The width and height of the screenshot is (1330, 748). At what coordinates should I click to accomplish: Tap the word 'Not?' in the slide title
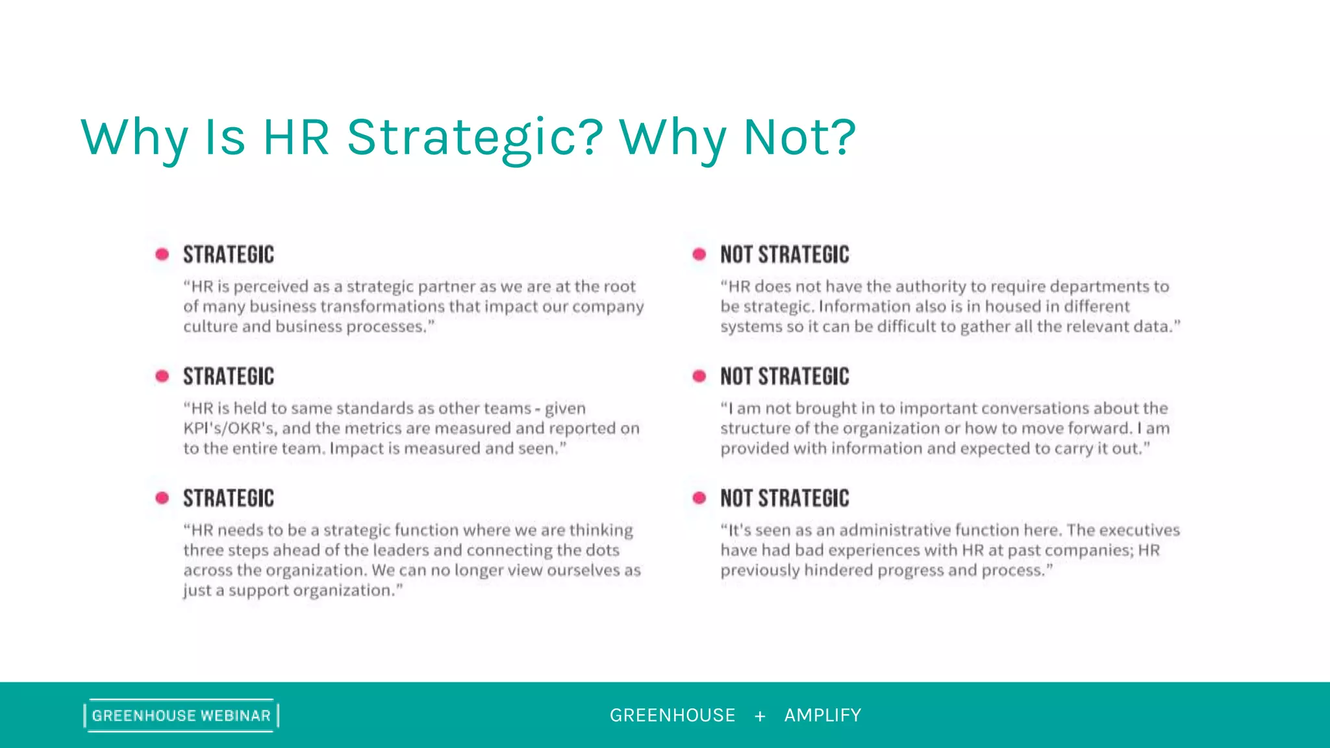(x=800, y=138)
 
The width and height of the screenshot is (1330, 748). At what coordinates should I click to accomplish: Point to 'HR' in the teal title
(x=295, y=138)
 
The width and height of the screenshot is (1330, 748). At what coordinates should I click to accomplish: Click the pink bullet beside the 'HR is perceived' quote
(x=162, y=254)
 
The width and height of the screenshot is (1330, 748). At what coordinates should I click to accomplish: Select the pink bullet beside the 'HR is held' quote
(x=162, y=376)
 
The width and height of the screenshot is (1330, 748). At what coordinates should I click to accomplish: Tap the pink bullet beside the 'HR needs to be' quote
(x=162, y=498)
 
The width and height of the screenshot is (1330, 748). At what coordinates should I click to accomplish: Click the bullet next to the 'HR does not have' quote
(x=699, y=254)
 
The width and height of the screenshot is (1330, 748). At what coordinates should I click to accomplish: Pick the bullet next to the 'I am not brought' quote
(x=699, y=376)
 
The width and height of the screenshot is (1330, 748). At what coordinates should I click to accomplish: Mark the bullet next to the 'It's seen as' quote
(x=699, y=498)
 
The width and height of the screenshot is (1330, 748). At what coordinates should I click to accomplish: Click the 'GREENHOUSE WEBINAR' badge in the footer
(x=181, y=716)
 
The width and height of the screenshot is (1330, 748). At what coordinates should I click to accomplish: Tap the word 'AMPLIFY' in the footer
(x=823, y=716)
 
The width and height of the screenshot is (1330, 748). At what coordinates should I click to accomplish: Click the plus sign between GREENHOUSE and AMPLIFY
(x=760, y=716)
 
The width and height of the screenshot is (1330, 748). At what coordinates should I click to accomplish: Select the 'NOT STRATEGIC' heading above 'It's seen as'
(x=784, y=498)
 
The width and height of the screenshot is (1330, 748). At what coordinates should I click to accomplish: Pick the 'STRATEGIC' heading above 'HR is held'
(x=229, y=376)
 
